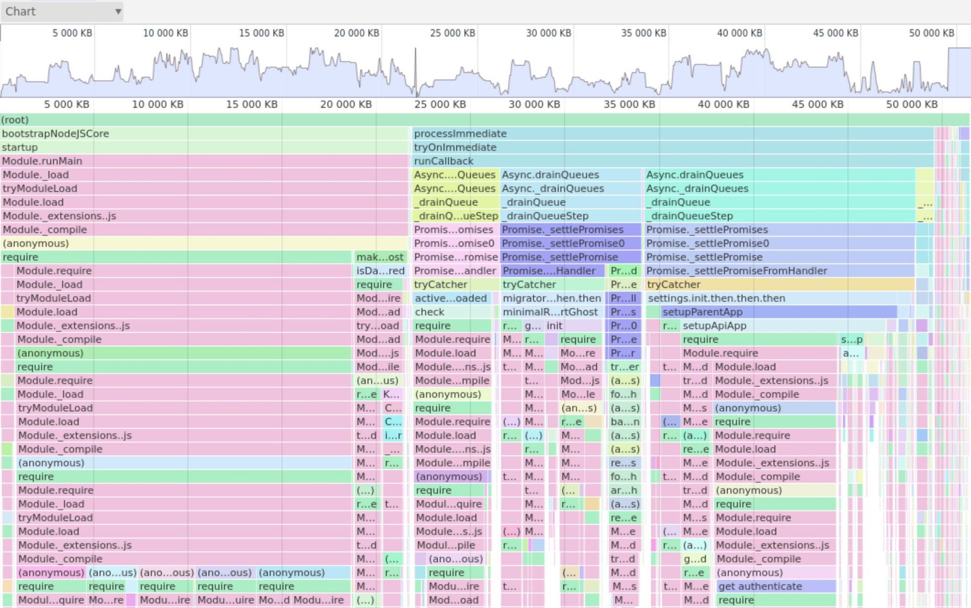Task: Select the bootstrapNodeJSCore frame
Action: coord(204,134)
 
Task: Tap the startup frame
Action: coord(204,147)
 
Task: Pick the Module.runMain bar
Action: coord(204,161)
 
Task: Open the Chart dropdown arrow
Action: coord(118,11)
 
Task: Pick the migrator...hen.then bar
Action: coord(552,298)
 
